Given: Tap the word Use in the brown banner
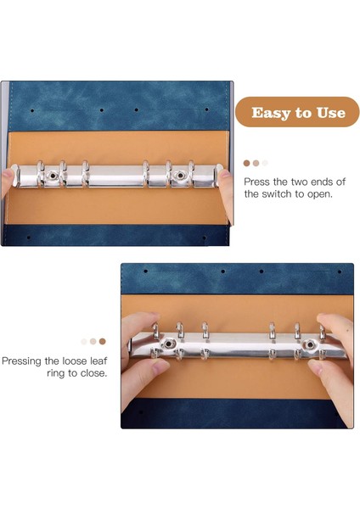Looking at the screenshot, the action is click(x=331, y=113).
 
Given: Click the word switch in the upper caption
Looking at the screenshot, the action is click(x=275, y=194).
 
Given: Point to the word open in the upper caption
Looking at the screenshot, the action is click(x=321, y=194).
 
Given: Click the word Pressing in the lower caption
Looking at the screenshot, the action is click(x=22, y=361).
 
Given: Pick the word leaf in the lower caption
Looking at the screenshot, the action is click(x=98, y=361).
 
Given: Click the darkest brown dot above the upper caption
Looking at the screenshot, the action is click(x=246, y=163).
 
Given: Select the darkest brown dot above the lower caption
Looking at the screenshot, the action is click(x=103, y=341).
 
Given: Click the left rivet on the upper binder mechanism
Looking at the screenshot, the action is click(x=53, y=176).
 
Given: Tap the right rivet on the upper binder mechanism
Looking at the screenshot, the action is click(x=179, y=176).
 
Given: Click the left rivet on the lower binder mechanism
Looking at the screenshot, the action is click(x=168, y=344).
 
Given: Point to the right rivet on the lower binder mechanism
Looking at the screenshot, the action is click(x=310, y=344).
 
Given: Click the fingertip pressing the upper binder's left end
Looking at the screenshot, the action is click(x=7, y=177).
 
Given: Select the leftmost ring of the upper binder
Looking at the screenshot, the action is click(x=41, y=174).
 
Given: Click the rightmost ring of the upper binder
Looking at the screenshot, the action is click(x=191, y=174).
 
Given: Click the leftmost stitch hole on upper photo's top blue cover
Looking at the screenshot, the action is click(x=32, y=110).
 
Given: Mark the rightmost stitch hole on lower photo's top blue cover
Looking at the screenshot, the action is click(x=340, y=271).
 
